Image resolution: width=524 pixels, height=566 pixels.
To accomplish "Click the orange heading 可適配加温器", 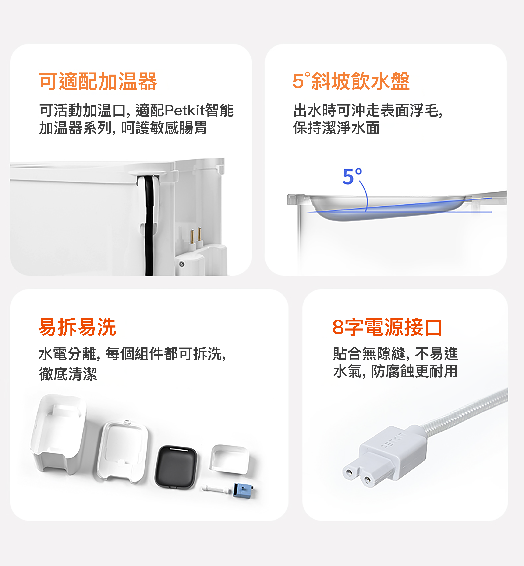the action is [x=98, y=82].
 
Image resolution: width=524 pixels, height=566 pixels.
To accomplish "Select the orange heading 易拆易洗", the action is [x=77, y=327].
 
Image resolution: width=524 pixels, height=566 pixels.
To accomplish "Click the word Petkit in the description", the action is [x=185, y=110].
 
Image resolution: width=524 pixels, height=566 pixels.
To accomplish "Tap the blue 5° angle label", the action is [x=352, y=176].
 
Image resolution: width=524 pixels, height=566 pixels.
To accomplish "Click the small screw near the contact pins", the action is [x=182, y=264].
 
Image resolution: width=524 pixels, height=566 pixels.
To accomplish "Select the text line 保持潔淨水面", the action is [x=336, y=128].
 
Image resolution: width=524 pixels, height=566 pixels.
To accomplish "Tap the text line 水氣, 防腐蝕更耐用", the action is [x=396, y=371].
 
